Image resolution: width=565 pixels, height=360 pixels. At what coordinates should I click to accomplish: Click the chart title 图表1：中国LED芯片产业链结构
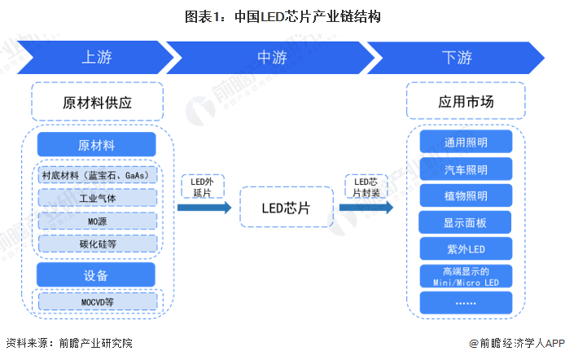(282, 16)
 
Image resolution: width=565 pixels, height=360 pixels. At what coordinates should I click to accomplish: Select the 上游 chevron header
(96, 58)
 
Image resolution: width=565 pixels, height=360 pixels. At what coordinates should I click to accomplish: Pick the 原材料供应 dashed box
(97, 103)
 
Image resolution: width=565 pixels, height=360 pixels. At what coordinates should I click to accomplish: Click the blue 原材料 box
(96, 145)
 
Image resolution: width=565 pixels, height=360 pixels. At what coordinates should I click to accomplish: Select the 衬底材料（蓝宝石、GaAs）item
(97, 175)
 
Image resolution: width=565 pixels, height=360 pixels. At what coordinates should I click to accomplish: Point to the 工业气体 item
(97, 198)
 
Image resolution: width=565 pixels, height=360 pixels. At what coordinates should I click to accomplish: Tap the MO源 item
(97, 221)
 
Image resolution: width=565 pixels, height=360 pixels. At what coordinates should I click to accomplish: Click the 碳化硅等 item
(97, 243)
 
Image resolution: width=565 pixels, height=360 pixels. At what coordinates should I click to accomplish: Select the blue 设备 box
(96, 274)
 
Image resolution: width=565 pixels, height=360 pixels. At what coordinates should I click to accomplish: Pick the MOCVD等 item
(97, 302)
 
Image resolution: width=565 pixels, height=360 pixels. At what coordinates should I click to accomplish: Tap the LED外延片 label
(202, 187)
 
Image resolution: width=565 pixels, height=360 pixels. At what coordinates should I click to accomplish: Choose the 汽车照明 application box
(466, 169)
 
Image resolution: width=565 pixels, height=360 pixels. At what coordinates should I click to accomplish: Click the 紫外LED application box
(466, 248)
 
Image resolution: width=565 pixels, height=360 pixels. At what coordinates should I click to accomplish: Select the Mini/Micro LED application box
(466, 276)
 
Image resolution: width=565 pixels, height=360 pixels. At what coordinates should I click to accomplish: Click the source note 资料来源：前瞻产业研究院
(68, 344)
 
